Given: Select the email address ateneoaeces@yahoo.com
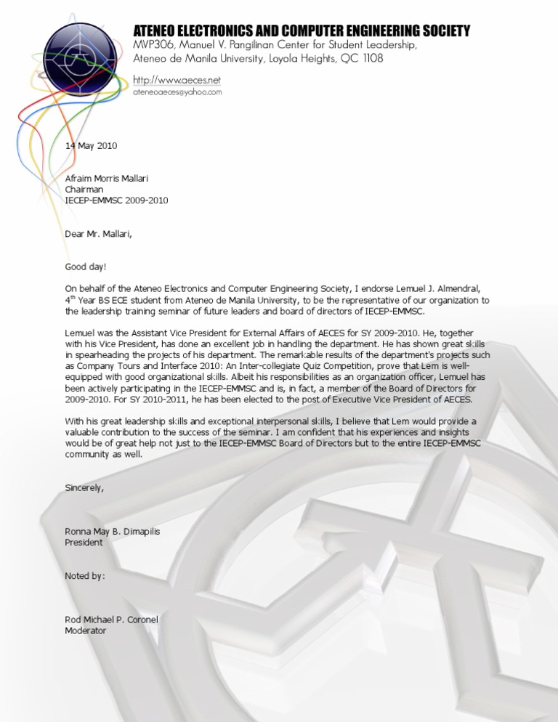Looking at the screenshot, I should click(x=177, y=92).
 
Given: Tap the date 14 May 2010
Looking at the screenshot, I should click(x=91, y=145).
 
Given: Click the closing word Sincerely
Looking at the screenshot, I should click(x=84, y=487).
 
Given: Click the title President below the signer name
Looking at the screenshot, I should click(x=84, y=542).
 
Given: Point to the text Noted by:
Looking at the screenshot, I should click(x=85, y=576).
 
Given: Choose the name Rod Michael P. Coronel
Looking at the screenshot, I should click(x=112, y=620).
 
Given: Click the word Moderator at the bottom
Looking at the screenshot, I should click(x=86, y=630).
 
